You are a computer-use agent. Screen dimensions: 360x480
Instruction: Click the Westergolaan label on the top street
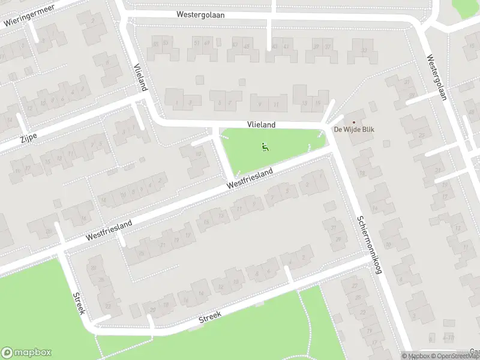point(201,15)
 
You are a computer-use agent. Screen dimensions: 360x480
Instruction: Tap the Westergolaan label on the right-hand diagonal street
point(438,77)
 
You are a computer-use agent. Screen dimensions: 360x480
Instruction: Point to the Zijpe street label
point(28,136)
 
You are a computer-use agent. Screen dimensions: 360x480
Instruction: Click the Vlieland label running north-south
point(140,77)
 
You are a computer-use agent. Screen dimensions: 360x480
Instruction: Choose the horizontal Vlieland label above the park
point(261,125)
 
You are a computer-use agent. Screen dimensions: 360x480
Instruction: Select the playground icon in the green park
point(265,146)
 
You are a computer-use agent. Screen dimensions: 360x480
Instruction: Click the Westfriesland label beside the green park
point(250,179)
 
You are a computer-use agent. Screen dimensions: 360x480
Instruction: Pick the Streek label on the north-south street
point(79,304)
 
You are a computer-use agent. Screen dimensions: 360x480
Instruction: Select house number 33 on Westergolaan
point(364,50)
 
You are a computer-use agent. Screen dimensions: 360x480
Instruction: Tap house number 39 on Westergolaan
point(316,46)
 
